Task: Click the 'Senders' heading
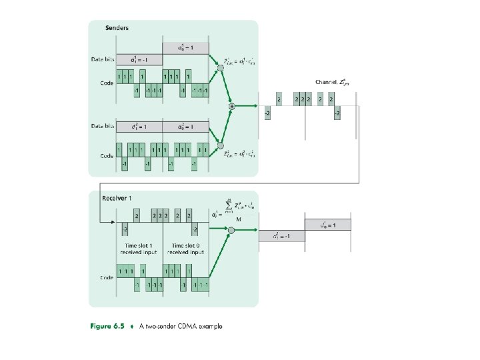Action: [x=117, y=28]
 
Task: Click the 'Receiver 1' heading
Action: [x=117, y=198]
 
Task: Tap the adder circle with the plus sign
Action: [x=231, y=106]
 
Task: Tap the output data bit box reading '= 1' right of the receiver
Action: [x=331, y=225]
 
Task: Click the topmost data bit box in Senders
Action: [x=186, y=48]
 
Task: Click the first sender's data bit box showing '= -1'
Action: [x=139, y=59]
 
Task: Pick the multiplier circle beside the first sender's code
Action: [x=221, y=67]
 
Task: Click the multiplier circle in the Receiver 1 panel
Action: [x=231, y=231]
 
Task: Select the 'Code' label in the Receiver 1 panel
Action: [x=106, y=277]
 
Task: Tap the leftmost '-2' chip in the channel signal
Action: [x=267, y=113]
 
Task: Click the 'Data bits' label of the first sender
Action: [x=103, y=59]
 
